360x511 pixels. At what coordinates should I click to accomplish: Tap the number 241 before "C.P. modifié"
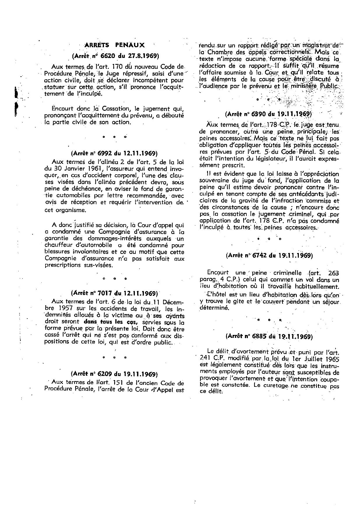(x=206, y=358)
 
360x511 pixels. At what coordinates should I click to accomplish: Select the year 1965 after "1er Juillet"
(x=332, y=358)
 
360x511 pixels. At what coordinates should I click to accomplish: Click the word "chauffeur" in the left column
(x=58, y=245)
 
